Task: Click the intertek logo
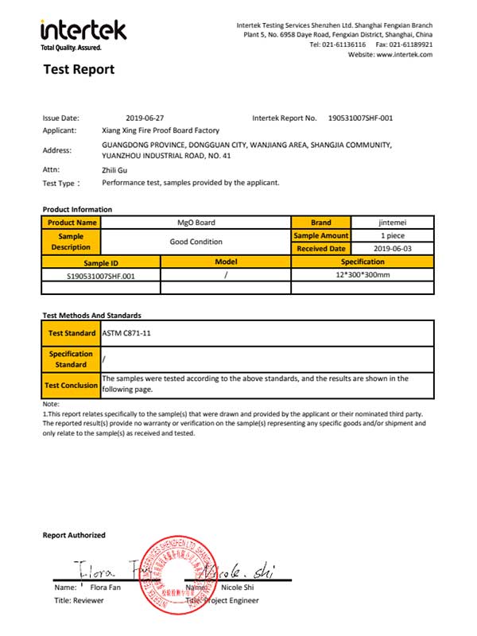click(83, 32)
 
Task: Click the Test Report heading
click(79, 70)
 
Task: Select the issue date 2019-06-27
click(145, 118)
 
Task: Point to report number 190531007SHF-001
click(360, 118)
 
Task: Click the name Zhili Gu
click(116, 169)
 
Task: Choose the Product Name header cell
click(72, 223)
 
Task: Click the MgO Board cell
click(196, 223)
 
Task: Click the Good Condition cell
click(196, 242)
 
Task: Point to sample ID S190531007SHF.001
click(101, 275)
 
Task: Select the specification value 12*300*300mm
click(363, 275)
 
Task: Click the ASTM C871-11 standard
click(126, 333)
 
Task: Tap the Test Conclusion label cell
click(72, 386)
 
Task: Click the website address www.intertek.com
click(404, 55)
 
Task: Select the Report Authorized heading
click(74, 535)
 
